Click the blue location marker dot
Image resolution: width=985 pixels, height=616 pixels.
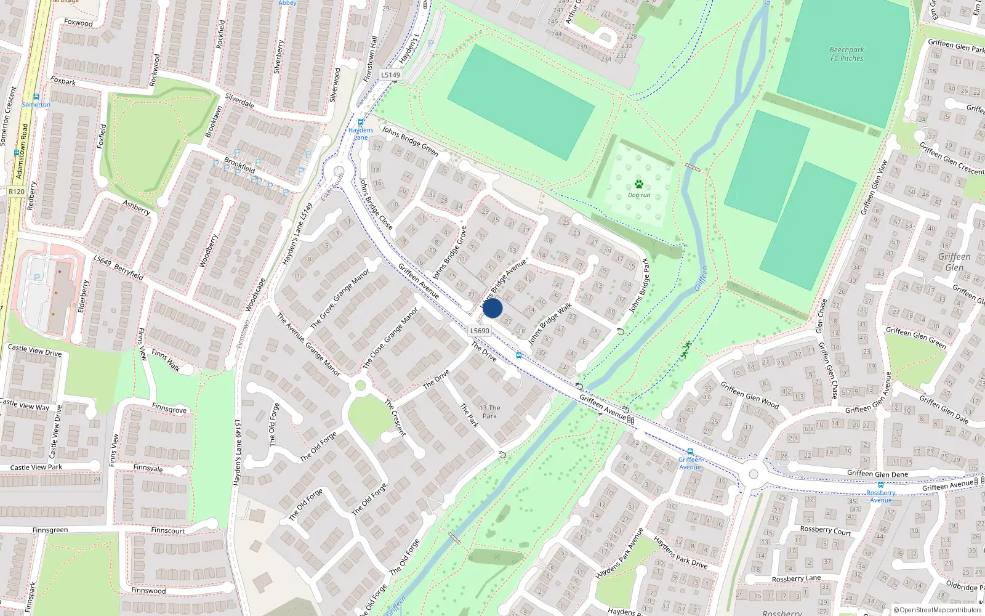point(492,308)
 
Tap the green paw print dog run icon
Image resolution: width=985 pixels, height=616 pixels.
point(639,184)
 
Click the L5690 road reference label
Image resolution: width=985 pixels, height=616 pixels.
point(480,331)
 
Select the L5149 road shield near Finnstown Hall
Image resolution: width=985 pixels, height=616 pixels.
point(390,75)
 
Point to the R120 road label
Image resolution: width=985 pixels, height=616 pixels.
point(17,192)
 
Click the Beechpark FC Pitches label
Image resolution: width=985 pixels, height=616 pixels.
point(846,54)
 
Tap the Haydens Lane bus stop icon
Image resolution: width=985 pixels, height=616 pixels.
point(361,122)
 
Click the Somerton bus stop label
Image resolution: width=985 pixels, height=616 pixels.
point(36,105)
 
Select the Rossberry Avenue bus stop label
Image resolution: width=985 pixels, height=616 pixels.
point(881,496)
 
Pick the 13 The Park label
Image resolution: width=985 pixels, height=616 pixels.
point(489,411)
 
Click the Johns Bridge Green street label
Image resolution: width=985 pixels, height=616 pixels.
point(410,141)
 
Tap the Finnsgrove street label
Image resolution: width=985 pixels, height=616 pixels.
point(169,408)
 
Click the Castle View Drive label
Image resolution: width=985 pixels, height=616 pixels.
point(34,351)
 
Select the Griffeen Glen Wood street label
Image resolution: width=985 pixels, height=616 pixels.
point(749,395)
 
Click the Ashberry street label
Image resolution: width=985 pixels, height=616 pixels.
point(136,207)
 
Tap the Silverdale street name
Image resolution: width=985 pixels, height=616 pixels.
point(239,100)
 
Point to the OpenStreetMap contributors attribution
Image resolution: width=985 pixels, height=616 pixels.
point(937,610)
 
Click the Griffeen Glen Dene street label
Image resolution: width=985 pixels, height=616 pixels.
point(877,474)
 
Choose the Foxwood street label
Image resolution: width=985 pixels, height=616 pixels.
point(78,23)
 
